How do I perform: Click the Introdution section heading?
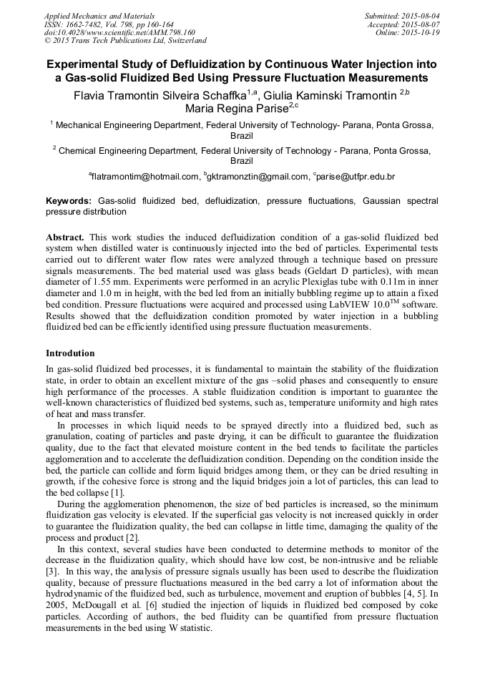pyautogui.click(x=70, y=353)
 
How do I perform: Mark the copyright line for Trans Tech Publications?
pyautogui.click(x=125, y=41)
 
